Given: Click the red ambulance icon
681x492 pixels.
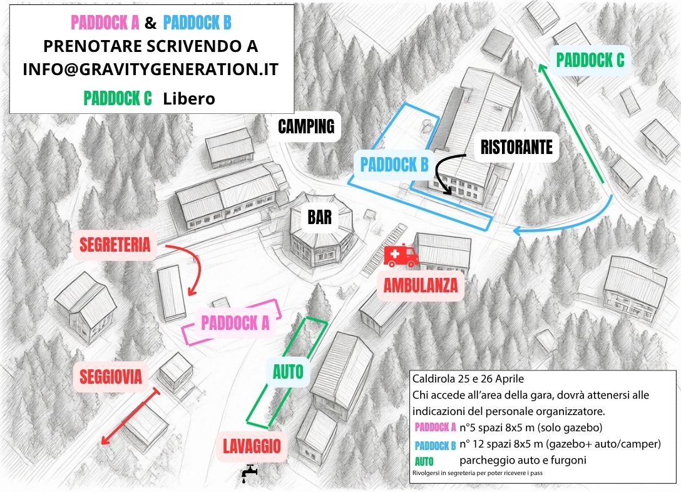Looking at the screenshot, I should [401, 255].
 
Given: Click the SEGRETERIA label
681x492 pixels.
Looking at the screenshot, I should [114, 245].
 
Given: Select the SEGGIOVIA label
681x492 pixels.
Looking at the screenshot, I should [111, 377].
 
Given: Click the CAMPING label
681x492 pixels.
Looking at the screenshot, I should [307, 127].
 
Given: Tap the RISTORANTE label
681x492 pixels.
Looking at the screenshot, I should [516, 147].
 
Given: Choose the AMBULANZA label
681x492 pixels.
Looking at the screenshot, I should [421, 286].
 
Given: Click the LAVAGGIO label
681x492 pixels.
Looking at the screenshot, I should [252, 446].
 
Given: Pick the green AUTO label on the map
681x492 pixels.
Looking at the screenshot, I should [288, 372].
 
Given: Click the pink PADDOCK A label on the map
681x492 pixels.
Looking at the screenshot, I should [235, 323].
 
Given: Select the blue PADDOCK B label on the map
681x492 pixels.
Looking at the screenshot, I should [394, 165].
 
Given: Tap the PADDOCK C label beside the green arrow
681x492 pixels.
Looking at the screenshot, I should [590, 60].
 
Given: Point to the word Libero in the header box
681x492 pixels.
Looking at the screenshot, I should [189, 98].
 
